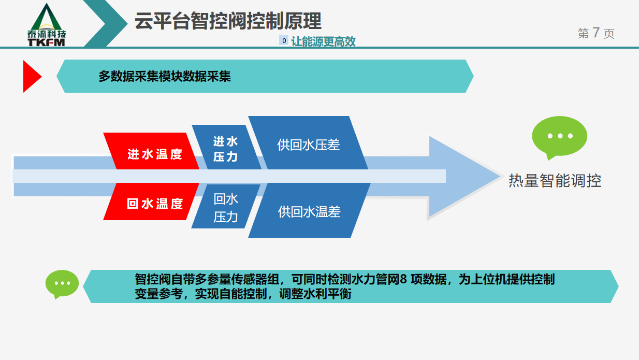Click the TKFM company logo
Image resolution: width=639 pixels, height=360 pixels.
47,25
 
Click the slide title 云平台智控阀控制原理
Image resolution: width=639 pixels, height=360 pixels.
228,21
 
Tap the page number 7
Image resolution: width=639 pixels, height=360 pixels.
596,33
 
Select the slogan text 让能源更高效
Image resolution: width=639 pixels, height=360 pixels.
323,41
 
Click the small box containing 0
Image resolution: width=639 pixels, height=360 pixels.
284,40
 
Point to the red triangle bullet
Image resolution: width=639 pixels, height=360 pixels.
32,76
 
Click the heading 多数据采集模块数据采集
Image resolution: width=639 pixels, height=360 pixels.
165,76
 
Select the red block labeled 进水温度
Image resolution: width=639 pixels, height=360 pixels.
151,151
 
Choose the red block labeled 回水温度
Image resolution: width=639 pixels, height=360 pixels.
151,201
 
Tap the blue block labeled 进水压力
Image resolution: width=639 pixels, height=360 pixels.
226,147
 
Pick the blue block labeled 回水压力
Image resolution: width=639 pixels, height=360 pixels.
226,206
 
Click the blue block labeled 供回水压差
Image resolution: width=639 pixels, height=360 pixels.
308,142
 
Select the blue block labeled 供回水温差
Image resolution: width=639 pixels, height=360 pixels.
309,210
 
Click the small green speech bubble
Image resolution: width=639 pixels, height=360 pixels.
62,284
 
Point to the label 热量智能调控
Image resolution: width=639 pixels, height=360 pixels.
555,181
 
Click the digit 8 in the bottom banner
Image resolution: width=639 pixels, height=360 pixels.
403,279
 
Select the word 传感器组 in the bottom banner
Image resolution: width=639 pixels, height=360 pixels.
255,279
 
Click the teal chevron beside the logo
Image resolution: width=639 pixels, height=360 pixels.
106,23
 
